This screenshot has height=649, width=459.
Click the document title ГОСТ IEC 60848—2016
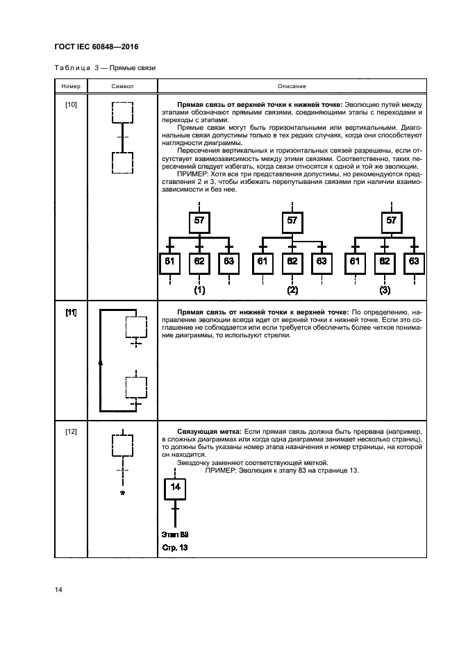click(x=97, y=48)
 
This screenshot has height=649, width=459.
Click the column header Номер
click(x=71, y=86)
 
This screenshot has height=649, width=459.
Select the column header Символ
click(x=122, y=86)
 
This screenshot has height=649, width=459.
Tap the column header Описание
click(x=292, y=86)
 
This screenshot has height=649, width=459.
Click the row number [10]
click(x=71, y=104)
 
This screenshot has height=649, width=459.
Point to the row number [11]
click(x=71, y=313)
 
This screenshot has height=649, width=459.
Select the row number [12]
click(x=71, y=432)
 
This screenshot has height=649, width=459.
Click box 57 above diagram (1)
click(x=199, y=221)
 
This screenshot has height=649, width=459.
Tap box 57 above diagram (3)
click(x=391, y=221)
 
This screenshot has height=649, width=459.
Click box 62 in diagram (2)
click(x=292, y=262)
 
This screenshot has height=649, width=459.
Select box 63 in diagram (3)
click(x=414, y=262)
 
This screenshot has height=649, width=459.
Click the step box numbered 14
click(x=175, y=487)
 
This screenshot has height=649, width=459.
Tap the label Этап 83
click(x=175, y=534)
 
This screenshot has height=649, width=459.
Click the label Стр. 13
click(x=175, y=548)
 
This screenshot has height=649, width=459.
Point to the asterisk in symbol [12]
click(x=122, y=494)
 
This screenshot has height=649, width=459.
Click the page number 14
click(x=59, y=590)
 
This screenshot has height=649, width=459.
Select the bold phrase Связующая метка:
click(x=208, y=432)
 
